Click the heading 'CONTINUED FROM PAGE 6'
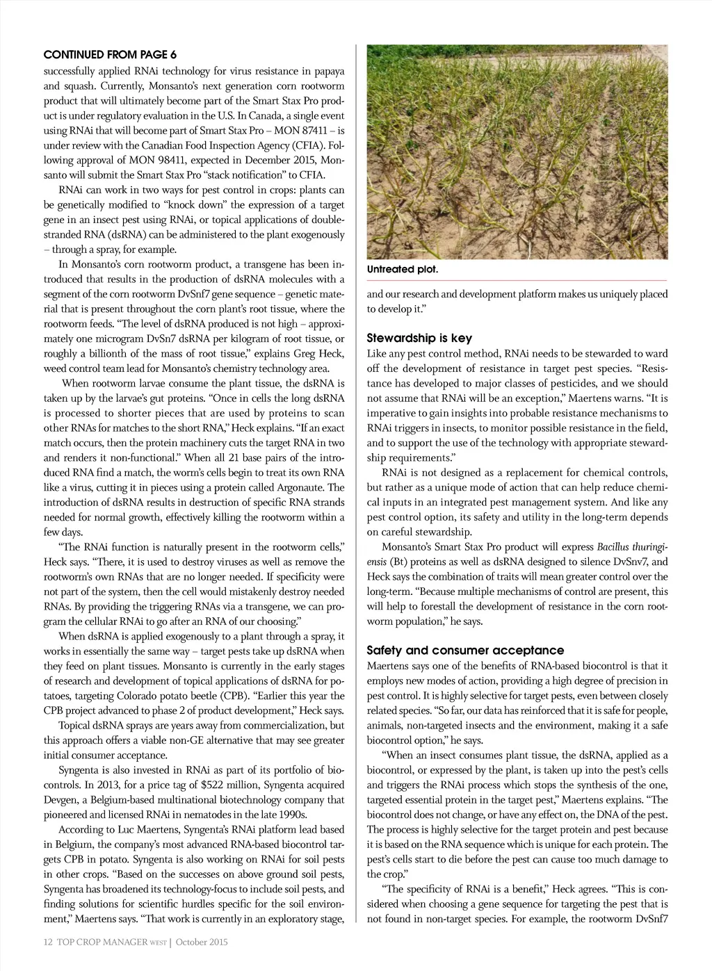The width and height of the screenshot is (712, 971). coord(110,54)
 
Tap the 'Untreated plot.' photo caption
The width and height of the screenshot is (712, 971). coord(403,269)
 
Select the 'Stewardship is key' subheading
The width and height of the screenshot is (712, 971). coord(419,338)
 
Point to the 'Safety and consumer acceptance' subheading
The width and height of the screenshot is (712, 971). coord(465,651)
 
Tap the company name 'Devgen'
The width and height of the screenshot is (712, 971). coord(60,800)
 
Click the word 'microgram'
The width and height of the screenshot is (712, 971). coord(124,339)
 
